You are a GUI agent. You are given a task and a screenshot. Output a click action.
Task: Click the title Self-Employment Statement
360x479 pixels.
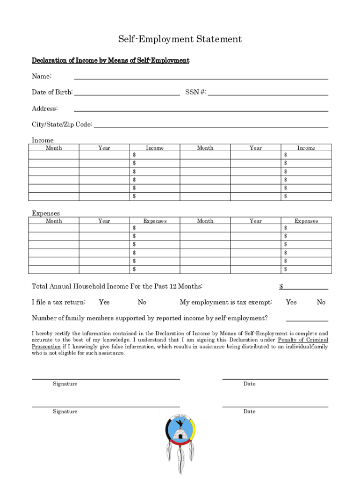[180, 39]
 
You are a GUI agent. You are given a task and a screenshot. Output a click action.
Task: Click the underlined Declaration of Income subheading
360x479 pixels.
[110, 61]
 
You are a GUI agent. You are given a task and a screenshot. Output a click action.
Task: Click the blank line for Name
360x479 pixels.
[201, 77]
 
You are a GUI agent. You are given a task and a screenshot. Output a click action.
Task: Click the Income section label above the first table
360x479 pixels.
[43, 140]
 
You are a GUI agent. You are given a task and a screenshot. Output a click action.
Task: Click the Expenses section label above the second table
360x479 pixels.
[46, 213]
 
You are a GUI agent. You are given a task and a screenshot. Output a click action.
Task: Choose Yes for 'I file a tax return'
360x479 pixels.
[104, 302]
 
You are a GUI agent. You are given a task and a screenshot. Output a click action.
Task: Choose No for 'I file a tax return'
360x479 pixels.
[142, 302]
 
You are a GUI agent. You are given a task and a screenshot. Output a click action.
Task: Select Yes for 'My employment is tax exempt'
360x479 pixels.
[291, 302]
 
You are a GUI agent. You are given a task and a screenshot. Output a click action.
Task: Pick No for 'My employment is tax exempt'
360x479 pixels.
[321, 302]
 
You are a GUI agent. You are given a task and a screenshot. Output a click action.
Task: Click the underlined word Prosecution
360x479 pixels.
[46, 347]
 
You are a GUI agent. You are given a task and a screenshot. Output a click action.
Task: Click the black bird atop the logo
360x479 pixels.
[180, 422]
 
